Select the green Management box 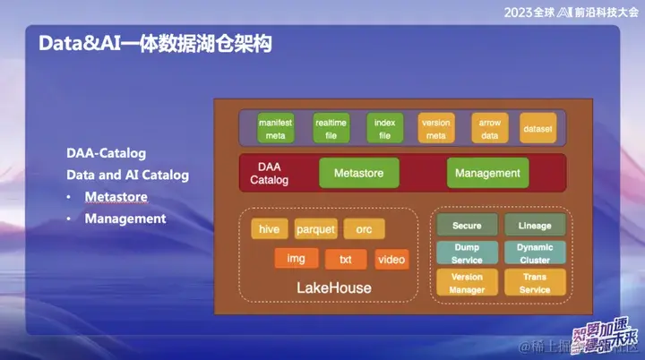[487, 173]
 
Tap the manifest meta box [270, 128]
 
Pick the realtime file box [331, 128]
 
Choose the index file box [384, 128]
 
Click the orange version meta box [435, 128]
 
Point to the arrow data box [489, 128]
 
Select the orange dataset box [537, 129]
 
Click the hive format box [269, 229]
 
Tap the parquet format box [315, 229]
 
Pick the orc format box [364, 229]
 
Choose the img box [296, 259]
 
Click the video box [391, 260]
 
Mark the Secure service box [467, 226]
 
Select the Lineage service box [534, 226]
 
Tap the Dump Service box [467, 253]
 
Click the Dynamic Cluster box [534, 253]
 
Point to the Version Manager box [467, 283]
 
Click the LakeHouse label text [333, 288]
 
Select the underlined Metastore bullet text [116, 196]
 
